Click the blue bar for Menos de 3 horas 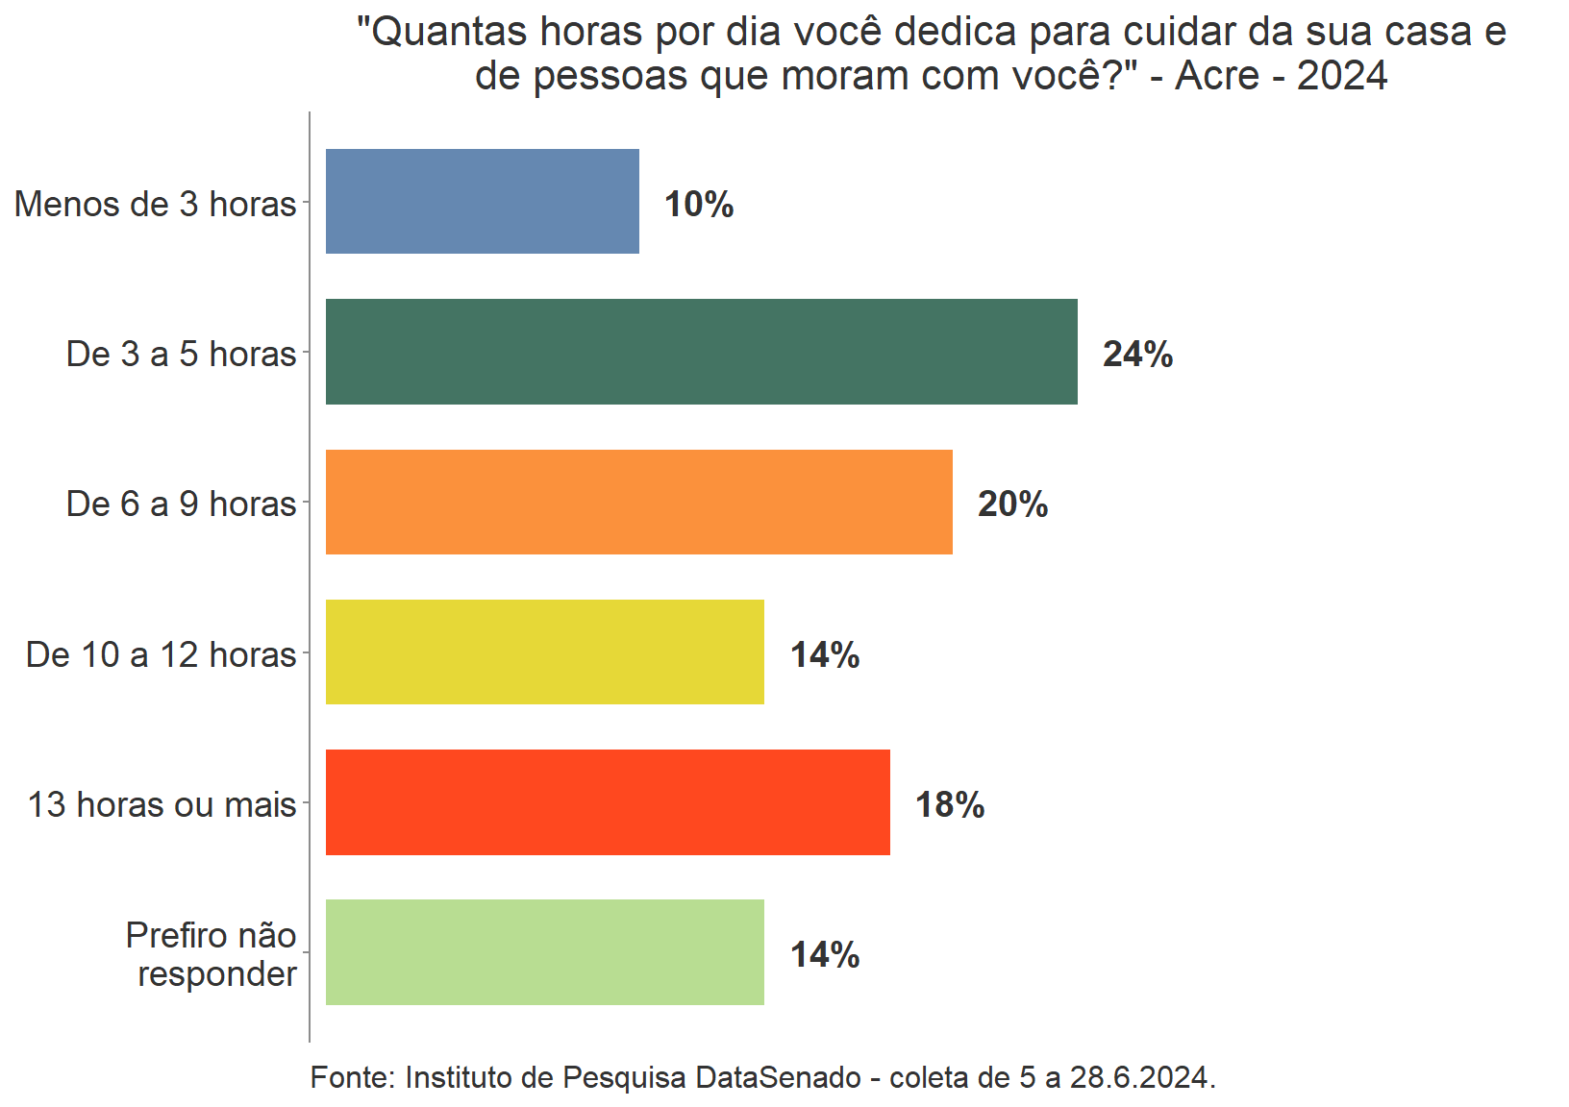coord(482,202)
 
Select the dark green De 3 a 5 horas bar coord(701,352)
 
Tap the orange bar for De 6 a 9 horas coord(638,502)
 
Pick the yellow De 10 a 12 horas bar coord(544,652)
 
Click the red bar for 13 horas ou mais coord(608,802)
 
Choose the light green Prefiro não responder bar coord(544,952)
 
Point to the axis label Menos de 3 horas coord(156,204)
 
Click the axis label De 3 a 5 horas coord(181,354)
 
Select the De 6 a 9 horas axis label coord(181,504)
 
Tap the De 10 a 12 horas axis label coord(161,654)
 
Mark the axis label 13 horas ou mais coord(162,804)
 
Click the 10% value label coord(699,204)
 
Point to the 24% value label coord(1137,354)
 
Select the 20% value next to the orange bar coord(1012,504)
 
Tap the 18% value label coord(950,804)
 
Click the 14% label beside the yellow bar coord(825,654)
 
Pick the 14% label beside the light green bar coord(825,954)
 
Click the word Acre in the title coord(1217,75)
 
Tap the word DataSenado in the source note coord(778,1077)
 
